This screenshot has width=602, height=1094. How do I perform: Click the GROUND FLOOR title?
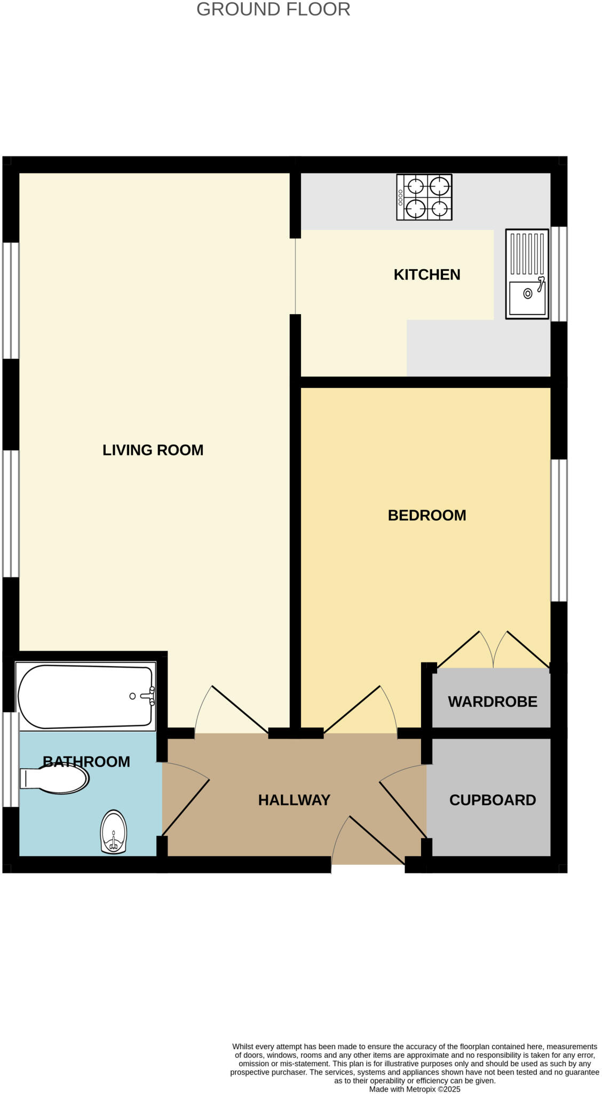[273, 10]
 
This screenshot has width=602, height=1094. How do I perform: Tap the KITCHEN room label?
[426, 275]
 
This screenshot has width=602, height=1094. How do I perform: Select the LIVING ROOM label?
[153, 450]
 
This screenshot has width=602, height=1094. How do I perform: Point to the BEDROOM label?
[426, 515]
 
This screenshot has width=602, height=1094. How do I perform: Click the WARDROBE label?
[492, 701]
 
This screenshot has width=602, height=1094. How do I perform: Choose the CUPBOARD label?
[492, 800]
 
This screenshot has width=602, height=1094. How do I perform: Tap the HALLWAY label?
[294, 800]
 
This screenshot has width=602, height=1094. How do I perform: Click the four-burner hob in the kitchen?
[424, 197]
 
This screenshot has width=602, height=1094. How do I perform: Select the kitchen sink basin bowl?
[526, 298]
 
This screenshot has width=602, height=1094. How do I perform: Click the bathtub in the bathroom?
[85, 697]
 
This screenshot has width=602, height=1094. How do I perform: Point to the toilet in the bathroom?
[56, 779]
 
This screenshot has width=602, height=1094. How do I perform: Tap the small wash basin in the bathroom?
[114, 831]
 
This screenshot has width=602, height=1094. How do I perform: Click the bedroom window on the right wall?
[559, 530]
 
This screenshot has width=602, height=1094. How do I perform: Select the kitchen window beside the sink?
[559, 273]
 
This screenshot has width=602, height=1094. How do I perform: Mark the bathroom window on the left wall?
[11, 759]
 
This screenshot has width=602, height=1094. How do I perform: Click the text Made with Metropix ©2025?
[414, 1089]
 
